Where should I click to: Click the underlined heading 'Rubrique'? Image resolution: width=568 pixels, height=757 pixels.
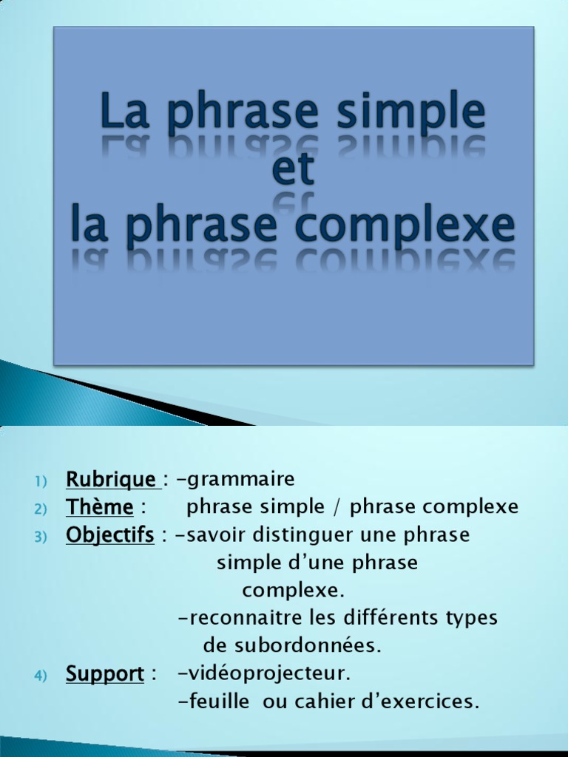coord(111,480)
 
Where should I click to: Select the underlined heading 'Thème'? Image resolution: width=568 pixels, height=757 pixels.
coord(100,508)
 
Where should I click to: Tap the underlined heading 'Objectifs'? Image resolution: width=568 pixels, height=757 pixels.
coord(110,535)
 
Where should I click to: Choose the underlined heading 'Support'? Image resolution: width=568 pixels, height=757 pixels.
coord(105,674)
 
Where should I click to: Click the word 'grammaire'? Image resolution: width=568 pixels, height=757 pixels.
coord(240,480)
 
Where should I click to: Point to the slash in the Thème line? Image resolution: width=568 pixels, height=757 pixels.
coord(337,508)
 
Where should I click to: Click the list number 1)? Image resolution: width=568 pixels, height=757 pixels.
coord(40,481)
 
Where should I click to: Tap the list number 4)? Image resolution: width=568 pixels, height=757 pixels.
coord(40,676)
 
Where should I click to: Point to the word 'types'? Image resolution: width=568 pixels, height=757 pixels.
coord(472,618)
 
